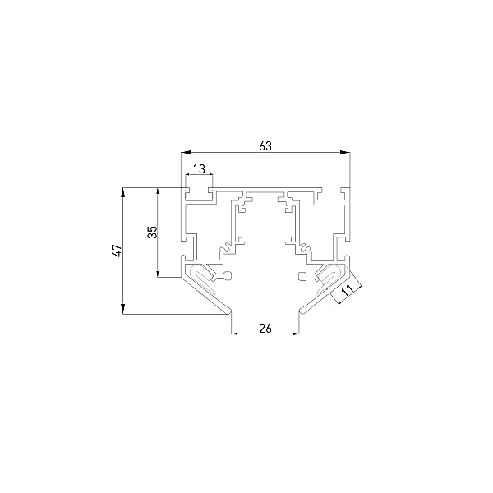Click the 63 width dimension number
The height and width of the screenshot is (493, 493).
pyautogui.click(x=265, y=146)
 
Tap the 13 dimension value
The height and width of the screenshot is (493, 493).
pyautogui.click(x=199, y=169)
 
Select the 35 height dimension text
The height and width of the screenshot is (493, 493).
pyautogui.click(x=152, y=232)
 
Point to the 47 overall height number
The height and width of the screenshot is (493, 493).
pyautogui.click(x=117, y=251)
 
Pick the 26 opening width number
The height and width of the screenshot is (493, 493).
pyautogui.click(x=265, y=329)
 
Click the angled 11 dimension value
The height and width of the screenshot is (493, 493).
pyautogui.click(x=347, y=290)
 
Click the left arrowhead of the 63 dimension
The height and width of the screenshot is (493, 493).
pyautogui.click(x=187, y=153)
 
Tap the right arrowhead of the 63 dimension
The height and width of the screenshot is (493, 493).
pyautogui.click(x=345, y=153)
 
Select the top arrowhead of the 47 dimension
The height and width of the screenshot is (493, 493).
pyautogui.click(x=123, y=193)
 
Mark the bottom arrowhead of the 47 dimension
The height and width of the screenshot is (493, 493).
pyautogui.click(x=123, y=309)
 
